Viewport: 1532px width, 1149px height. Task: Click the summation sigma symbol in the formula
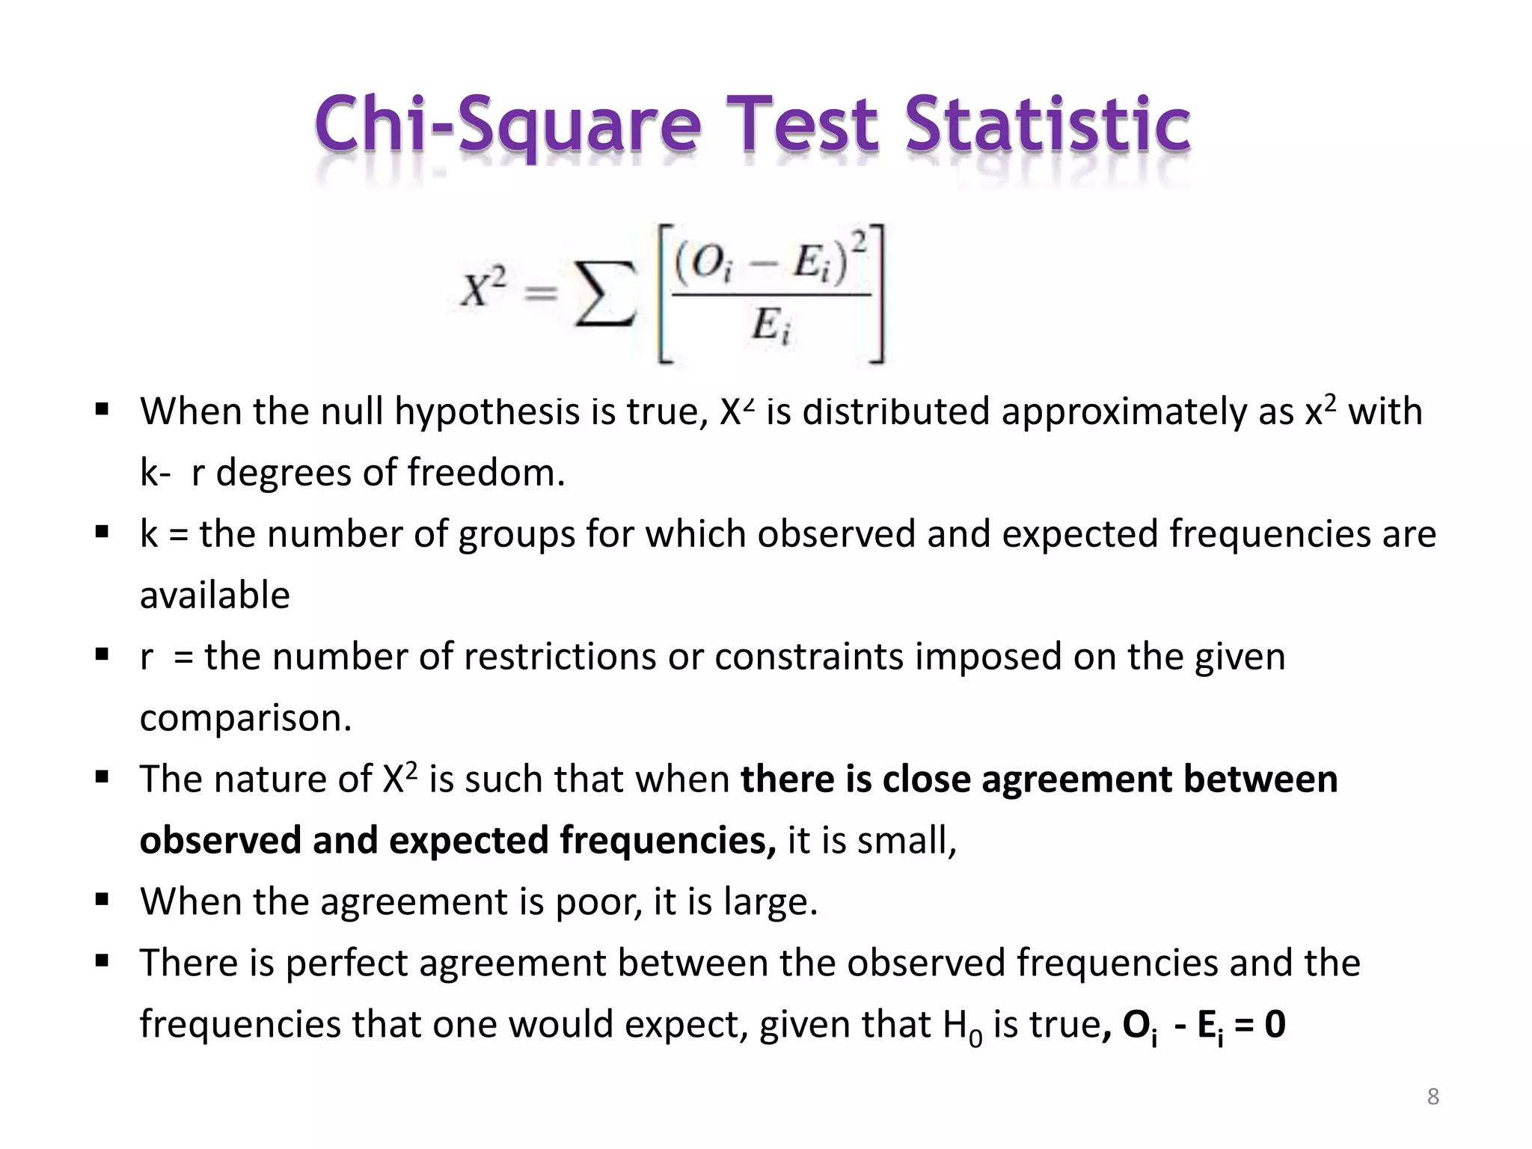coord(604,295)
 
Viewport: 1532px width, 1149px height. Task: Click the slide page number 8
coord(1433,1097)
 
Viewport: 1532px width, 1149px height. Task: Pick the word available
coord(215,595)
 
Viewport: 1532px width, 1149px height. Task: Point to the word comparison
coord(245,718)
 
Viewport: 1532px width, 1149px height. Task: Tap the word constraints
coord(809,657)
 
